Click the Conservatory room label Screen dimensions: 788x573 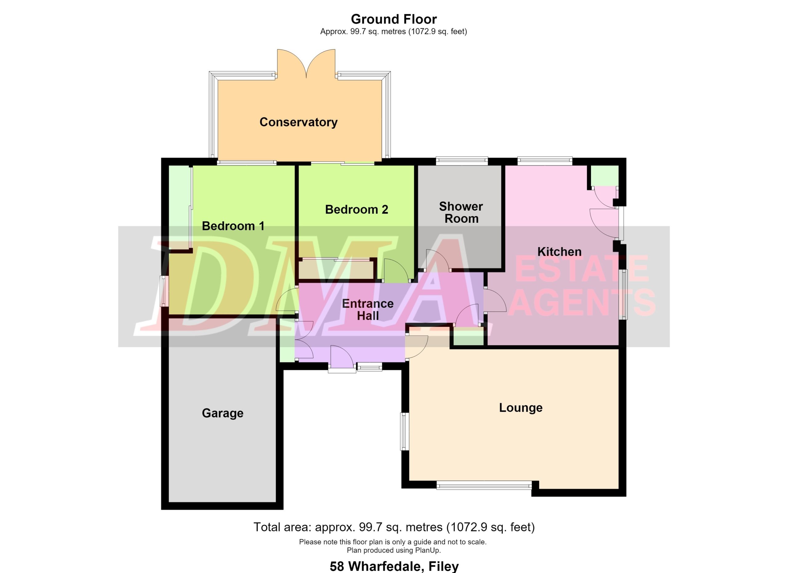(x=299, y=122)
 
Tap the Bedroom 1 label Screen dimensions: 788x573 (x=233, y=226)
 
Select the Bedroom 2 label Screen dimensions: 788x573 (x=356, y=209)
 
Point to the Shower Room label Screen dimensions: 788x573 (x=461, y=213)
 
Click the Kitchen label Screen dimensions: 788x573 (x=559, y=252)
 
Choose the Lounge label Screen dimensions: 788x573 (x=521, y=408)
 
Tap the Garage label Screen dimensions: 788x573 (x=223, y=413)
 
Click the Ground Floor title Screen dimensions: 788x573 (x=394, y=19)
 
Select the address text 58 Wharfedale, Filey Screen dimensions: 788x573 (x=394, y=566)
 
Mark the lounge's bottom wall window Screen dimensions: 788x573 (x=484, y=485)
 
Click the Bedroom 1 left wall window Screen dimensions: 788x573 (x=164, y=291)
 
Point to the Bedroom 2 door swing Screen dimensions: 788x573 (x=396, y=270)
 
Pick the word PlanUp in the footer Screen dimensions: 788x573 (x=428, y=550)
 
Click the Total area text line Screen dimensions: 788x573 (x=394, y=527)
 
